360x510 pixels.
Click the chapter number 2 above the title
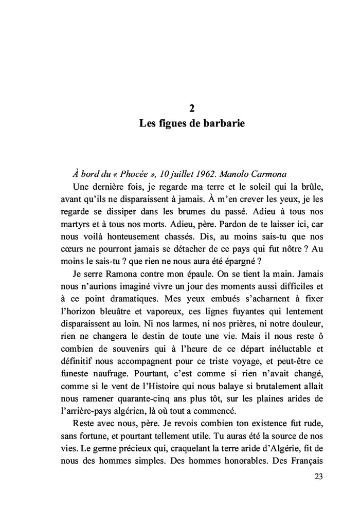coord(191,108)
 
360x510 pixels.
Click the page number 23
coord(318,477)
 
